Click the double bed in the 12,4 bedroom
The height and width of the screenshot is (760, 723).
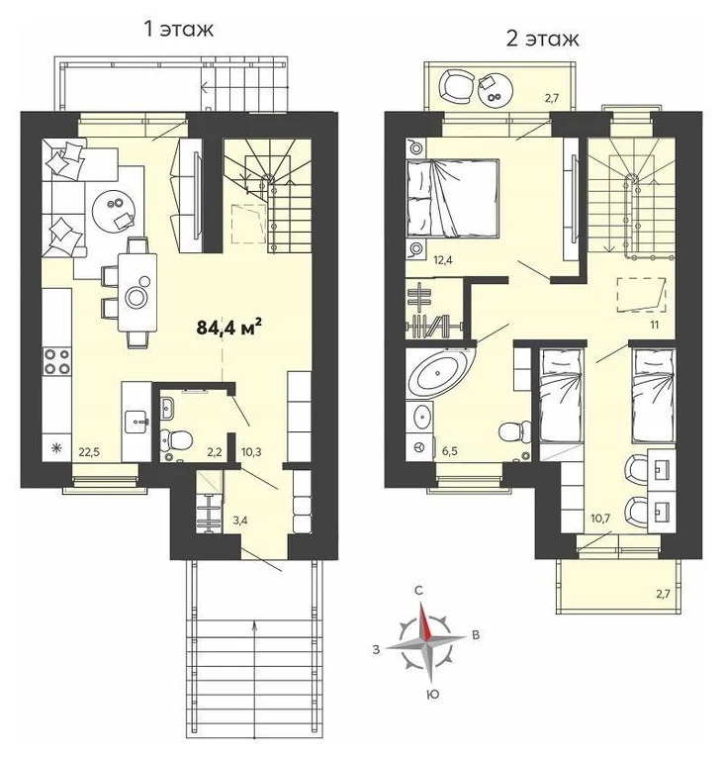pyautogui.click(x=453, y=198)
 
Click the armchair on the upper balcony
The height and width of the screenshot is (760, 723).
pyautogui.click(x=455, y=84)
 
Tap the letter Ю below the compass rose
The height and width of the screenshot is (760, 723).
pyautogui.click(x=432, y=695)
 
